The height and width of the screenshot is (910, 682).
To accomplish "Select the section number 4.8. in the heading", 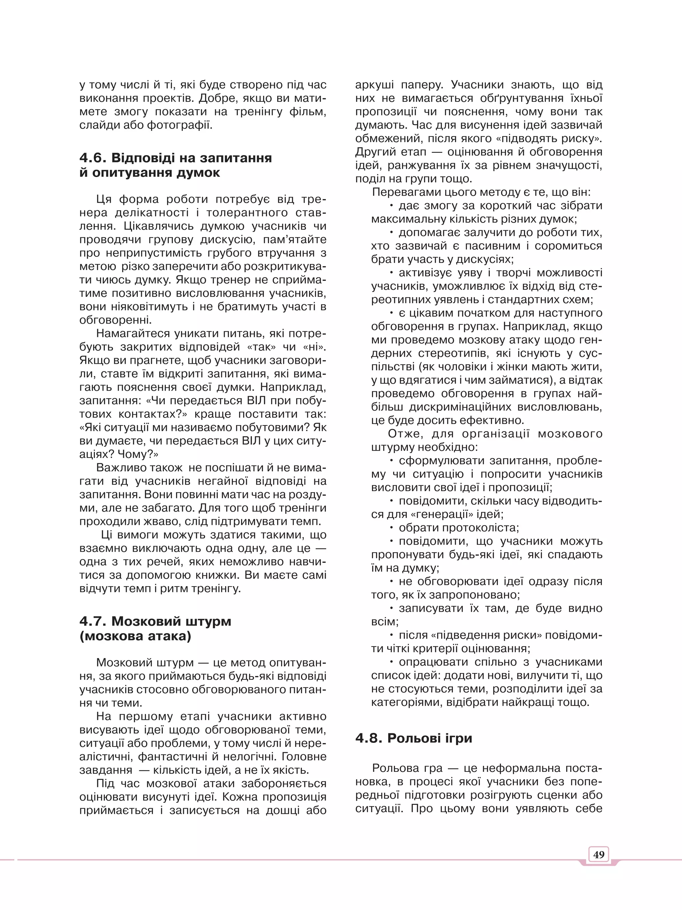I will (x=369, y=738).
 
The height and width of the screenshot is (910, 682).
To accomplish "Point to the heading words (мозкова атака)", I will (x=136, y=636).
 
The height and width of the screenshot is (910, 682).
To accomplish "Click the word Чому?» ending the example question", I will (x=138, y=454).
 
